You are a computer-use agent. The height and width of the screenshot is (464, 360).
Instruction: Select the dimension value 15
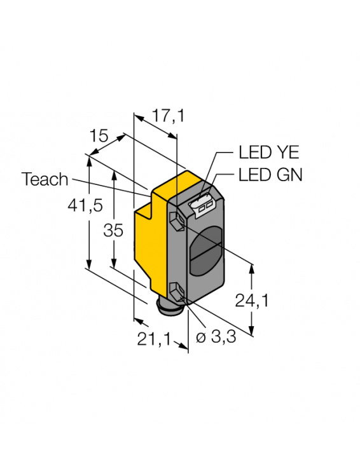point(99,135)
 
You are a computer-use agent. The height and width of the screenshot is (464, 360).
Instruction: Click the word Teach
point(45,179)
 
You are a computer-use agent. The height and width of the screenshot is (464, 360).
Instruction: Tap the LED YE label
point(268,153)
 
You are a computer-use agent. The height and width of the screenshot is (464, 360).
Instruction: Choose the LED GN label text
point(270,175)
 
